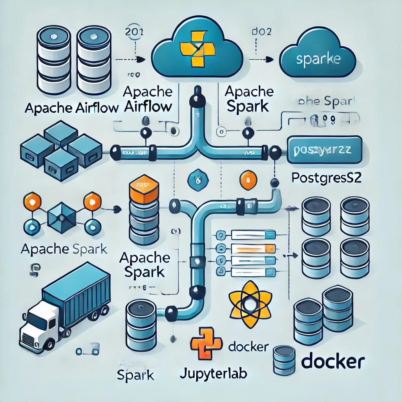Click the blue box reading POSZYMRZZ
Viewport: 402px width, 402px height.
coord(324,150)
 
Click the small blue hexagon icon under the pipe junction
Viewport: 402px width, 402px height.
coord(196,180)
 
